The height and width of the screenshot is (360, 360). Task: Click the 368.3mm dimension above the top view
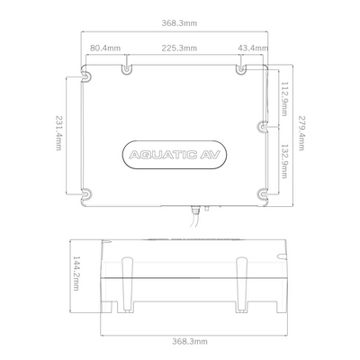coord(179,23)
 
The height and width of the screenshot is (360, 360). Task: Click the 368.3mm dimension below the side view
coord(190,341)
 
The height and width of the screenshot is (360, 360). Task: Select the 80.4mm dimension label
coord(105,48)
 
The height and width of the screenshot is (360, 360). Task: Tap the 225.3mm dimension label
coord(179,48)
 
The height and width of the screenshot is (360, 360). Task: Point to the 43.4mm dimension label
coord(253,48)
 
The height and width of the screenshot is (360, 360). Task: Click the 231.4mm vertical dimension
coord(58,133)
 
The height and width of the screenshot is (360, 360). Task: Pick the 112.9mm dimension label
coord(284,99)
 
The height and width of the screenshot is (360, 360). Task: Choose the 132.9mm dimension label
coord(284,161)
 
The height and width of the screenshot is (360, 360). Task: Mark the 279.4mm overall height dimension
coord(301,133)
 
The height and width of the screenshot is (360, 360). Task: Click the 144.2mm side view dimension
coord(76,273)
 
